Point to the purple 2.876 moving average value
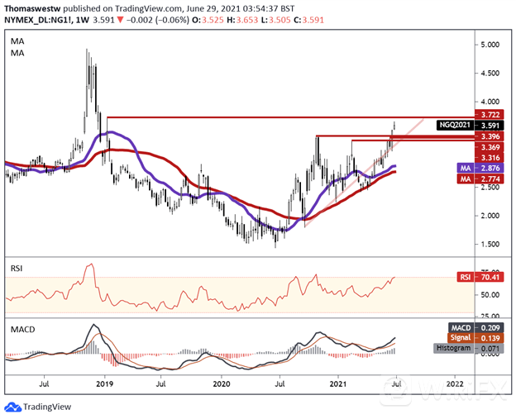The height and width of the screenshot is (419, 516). [469, 167]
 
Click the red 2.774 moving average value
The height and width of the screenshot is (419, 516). [469, 178]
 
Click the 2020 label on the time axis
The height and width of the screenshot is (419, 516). [222, 384]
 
